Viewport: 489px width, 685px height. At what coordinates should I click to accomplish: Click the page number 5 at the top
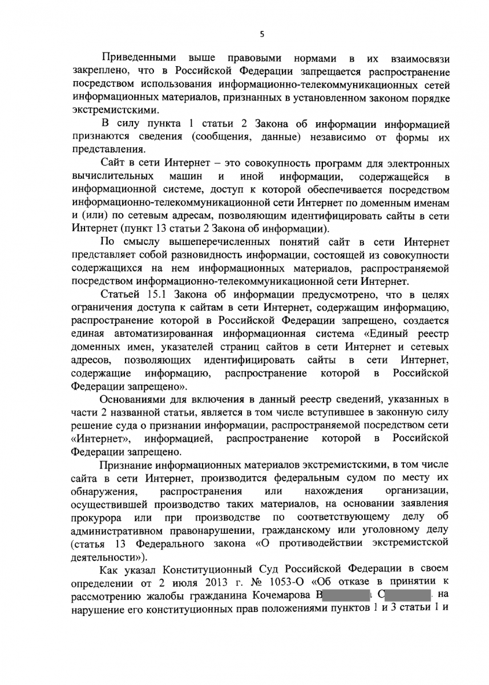pos(261,34)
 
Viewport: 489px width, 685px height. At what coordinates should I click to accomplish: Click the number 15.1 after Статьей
pos(154,295)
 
